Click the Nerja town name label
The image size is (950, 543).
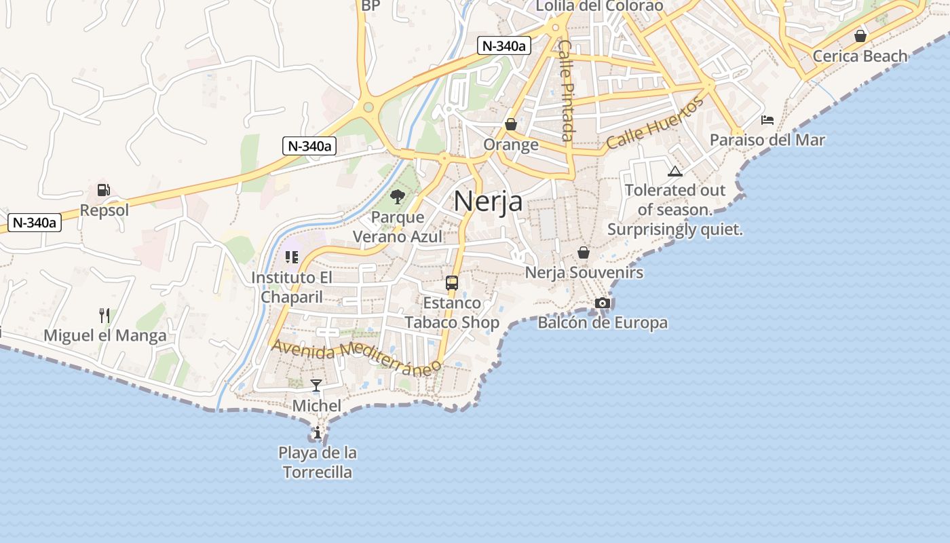click(488, 202)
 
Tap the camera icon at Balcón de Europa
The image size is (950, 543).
click(603, 303)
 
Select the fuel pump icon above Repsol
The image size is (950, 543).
click(104, 190)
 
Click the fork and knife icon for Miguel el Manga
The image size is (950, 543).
click(104, 315)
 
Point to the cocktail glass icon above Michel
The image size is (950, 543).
click(316, 386)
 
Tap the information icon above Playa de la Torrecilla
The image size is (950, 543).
click(317, 432)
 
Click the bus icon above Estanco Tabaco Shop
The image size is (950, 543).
click(452, 283)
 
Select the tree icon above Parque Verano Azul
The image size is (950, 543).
click(398, 198)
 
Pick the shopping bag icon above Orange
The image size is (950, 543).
click(511, 124)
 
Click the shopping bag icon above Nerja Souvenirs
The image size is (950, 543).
click(584, 252)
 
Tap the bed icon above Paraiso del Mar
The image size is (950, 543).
click(767, 120)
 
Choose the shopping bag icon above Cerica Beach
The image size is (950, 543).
click(860, 36)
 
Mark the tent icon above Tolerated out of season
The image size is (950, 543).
click(674, 171)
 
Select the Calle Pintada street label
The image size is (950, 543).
click(567, 90)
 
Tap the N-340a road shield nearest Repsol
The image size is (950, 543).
click(35, 222)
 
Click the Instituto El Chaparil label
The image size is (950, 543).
click(292, 287)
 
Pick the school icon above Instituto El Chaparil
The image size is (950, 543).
click(292, 257)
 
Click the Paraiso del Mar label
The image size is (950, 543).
click(767, 140)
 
